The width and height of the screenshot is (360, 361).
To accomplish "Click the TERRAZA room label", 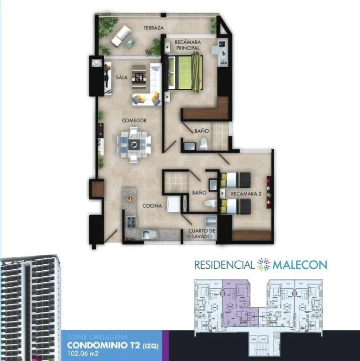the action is (153, 28).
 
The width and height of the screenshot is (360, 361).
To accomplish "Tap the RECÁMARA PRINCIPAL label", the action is (188, 45).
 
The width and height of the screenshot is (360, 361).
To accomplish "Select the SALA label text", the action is (121, 78).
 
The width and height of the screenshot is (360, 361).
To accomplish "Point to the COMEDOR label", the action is (134, 120).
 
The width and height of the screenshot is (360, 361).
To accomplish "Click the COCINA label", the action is (152, 206).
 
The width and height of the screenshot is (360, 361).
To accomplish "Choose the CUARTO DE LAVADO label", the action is (202, 234).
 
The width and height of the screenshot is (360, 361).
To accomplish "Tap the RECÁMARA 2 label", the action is (246, 194).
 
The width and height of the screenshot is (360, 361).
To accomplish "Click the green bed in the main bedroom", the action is (186, 72).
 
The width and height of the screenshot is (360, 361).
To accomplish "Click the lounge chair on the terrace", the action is (121, 36).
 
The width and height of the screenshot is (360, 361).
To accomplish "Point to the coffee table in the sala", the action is (139, 77).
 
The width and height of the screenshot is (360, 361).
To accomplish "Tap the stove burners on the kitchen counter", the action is (132, 222).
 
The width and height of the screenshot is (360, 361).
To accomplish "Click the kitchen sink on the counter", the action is (149, 234).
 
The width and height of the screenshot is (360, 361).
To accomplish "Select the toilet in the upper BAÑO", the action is (204, 144).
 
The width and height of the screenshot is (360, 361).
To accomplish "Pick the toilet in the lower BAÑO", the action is (211, 204).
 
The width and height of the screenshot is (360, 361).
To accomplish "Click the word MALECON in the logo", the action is (300, 265).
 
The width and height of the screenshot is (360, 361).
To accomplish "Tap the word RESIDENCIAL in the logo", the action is (225, 265).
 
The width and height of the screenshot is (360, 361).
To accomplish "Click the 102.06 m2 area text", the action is (83, 353).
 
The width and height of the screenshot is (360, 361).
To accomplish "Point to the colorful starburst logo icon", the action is (264, 264).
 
